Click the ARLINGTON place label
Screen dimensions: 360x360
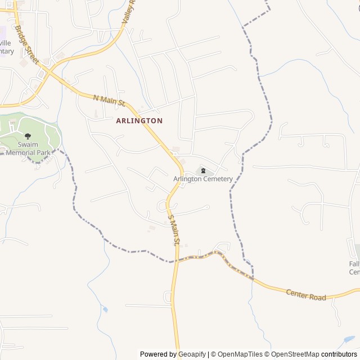139,120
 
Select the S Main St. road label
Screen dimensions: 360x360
173,229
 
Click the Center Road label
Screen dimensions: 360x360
305,294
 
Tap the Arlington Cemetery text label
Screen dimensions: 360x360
202,179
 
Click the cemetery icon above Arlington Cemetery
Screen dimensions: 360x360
202,170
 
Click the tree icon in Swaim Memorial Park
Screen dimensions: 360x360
28,136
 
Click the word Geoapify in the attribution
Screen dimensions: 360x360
192,354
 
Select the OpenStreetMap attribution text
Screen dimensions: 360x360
295,354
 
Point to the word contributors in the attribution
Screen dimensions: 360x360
339,354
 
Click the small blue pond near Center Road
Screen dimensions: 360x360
105,309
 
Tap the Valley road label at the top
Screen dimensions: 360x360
129,12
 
